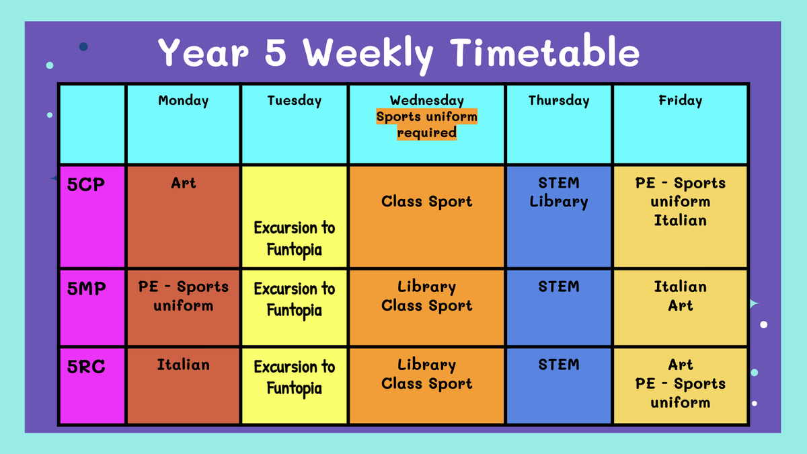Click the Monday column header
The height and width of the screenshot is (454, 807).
pyautogui.click(x=184, y=100)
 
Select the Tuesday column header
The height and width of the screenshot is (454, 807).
pyautogui.click(x=295, y=100)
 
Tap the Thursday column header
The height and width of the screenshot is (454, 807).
pyautogui.click(x=559, y=100)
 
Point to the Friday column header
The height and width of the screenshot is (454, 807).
pyautogui.click(x=680, y=100)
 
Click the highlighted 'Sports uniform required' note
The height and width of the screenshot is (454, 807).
pyautogui.click(x=426, y=124)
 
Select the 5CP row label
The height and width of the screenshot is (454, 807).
pyautogui.click(x=86, y=184)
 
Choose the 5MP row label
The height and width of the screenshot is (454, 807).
pyautogui.click(x=87, y=289)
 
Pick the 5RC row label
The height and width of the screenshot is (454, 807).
pyautogui.click(x=86, y=367)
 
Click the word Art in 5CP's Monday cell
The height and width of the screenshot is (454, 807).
pyautogui.click(x=184, y=183)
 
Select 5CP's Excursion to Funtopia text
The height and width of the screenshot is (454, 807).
pyautogui.click(x=295, y=239)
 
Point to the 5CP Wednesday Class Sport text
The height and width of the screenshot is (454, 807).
pyautogui.click(x=426, y=201)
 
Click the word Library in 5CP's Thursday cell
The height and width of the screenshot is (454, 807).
pyautogui.click(x=559, y=202)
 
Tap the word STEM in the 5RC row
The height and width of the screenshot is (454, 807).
pyautogui.click(x=559, y=365)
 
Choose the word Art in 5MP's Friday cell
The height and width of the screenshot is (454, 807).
pyautogui.click(x=680, y=305)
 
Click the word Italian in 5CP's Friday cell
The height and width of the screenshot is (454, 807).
pyautogui.click(x=680, y=220)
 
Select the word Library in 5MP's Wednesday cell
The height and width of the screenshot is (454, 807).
pyautogui.click(x=426, y=287)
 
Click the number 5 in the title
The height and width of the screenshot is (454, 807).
pyautogui.click(x=276, y=53)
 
